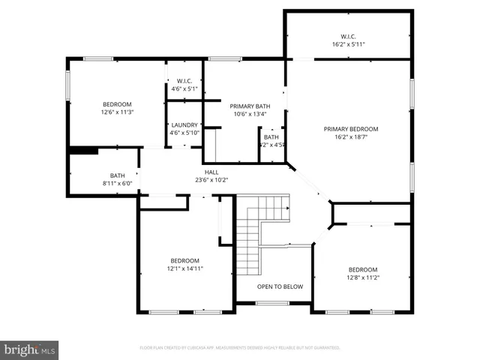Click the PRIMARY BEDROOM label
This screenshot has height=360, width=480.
351,129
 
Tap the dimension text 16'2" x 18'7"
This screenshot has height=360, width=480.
351,138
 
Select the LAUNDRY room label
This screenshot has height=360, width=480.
184,125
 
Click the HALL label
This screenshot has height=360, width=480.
211,172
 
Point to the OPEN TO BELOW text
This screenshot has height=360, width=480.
280,286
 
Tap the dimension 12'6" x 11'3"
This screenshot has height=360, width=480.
117,112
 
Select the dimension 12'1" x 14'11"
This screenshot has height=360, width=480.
184,268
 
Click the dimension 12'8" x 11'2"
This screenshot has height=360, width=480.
362,277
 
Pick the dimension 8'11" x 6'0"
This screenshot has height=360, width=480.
117,183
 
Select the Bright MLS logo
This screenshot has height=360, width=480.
30,349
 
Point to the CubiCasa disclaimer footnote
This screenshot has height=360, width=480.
240,348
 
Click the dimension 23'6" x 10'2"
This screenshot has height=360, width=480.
211,180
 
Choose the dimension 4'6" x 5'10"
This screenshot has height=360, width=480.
184,133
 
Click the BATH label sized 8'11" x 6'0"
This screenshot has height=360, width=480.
117,175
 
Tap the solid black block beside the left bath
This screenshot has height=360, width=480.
82,150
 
